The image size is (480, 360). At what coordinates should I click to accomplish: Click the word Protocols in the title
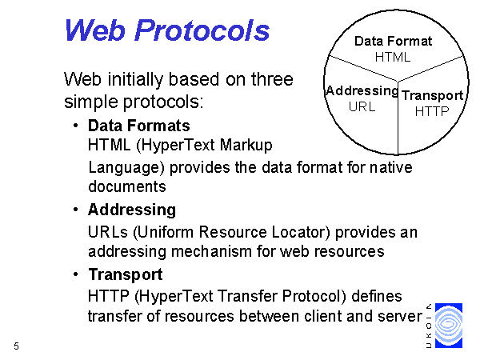(202, 30)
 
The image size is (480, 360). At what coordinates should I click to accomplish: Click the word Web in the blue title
(95, 30)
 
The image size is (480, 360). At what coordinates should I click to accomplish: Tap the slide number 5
(16, 346)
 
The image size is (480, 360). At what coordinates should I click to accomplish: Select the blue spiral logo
(449, 326)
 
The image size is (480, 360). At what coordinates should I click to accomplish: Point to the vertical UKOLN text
(429, 326)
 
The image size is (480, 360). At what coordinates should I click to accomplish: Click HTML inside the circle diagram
(393, 57)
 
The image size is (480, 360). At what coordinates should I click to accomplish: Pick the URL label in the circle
(362, 106)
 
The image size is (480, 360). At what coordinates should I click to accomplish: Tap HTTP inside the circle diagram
(432, 111)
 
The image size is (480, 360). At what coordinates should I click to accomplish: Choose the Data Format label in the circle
(393, 41)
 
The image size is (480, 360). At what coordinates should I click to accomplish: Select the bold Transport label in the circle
(432, 95)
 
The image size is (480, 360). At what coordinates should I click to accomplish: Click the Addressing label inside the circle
(362, 91)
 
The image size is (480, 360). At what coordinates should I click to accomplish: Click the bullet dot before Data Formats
(76, 125)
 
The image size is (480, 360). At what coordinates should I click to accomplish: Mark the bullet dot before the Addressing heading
(76, 210)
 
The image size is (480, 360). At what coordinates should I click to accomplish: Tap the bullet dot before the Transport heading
(76, 274)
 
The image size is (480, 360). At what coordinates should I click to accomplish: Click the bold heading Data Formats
(139, 126)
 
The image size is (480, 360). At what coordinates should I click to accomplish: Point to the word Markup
(246, 145)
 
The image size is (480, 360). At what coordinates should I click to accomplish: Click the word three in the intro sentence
(272, 79)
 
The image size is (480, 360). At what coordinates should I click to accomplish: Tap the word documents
(127, 186)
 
